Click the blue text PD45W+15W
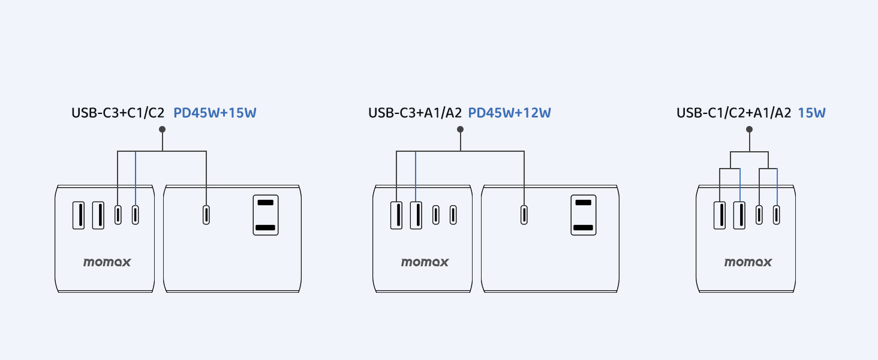pos(215,112)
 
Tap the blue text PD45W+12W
pos(509,112)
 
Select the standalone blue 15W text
pos(811,112)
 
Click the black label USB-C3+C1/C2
pos(118,112)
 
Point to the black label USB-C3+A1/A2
pos(414,112)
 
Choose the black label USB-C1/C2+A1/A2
pos(733,112)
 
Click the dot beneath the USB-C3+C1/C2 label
pos(162,130)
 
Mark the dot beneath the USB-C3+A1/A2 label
pos(460,130)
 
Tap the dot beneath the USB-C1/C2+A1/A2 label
pos(749,130)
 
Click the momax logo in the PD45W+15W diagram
pos(107,262)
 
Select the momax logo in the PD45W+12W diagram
pos(425,262)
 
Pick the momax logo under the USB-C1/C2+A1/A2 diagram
pos(748,262)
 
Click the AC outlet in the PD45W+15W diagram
pos(265,214)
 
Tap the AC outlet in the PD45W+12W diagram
pos(583,214)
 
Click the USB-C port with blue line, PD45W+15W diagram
pos(136,215)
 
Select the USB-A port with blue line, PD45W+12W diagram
pos(416,215)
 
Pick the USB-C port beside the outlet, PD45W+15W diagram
pos(206,215)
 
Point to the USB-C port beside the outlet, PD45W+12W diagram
pos(524,215)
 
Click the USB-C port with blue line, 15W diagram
pos(777,215)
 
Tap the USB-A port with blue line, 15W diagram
pos(739,215)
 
